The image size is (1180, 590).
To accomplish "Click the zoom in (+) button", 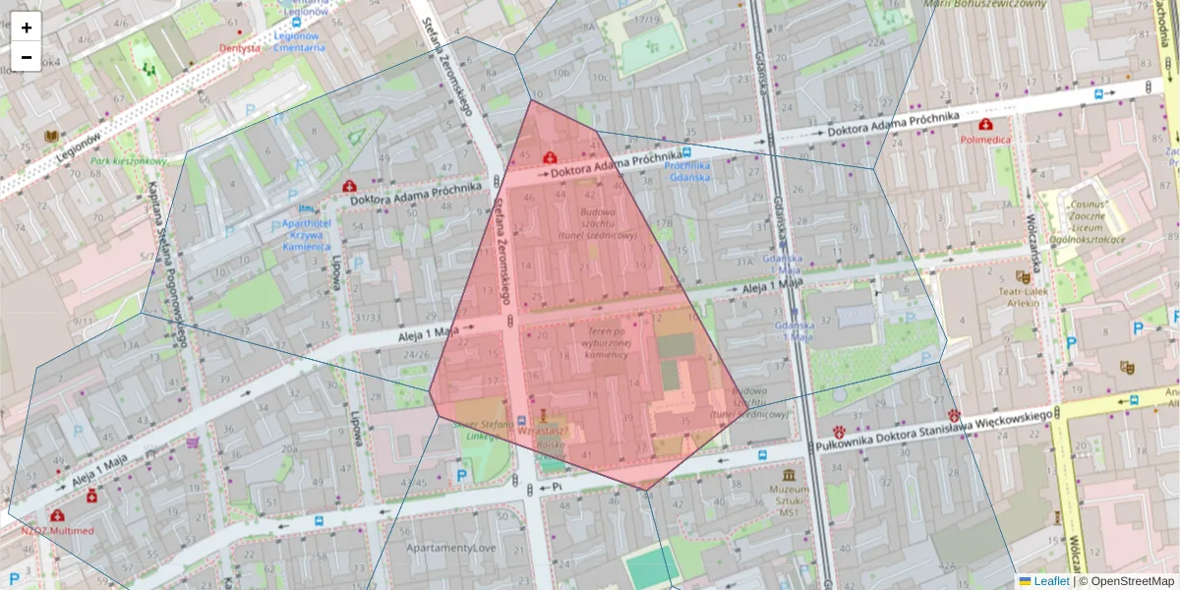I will [x=26, y=28].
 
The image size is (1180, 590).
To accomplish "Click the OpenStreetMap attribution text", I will [x=1132, y=581].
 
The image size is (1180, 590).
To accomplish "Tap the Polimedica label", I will [x=986, y=140].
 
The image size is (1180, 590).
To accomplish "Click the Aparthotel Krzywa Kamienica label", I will [x=306, y=235].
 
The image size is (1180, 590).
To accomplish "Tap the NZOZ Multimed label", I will [x=58, y=530].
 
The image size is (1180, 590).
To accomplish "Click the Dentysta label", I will [x=241, y=47].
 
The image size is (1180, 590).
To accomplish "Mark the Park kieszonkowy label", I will [x=129, y=160].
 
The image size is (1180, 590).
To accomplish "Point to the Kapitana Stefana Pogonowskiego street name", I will [x=167, y=265].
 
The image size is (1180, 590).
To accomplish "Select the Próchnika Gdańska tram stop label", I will [x=687, y=171].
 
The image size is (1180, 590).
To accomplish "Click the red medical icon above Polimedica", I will [x=986, y=125].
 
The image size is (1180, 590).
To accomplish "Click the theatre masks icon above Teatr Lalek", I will [x=1023, y=277].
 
